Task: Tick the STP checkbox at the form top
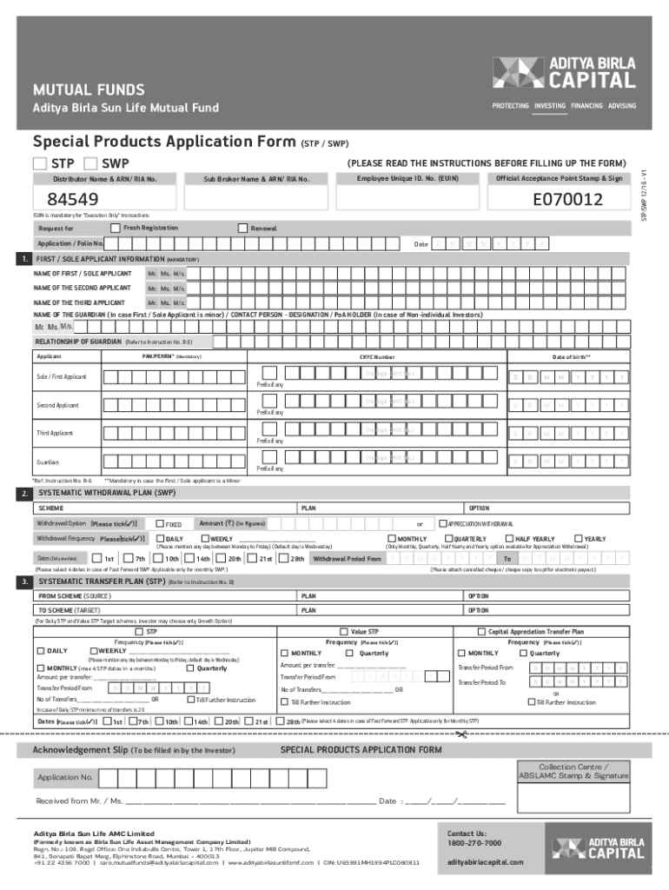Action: (40, 163)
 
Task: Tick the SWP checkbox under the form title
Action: (90, 163)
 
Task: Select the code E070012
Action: (568, 201)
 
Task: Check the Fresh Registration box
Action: (116, 228)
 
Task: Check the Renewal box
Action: (242, 228)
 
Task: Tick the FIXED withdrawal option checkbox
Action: (160, 524)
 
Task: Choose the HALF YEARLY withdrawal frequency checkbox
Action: (508, 539)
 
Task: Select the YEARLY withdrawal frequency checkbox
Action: (578, 539)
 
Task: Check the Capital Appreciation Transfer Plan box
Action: (481, 632)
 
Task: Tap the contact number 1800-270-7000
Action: (474, 843)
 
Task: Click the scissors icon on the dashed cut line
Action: (460, 735)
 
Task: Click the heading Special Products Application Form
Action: (164, 142)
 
